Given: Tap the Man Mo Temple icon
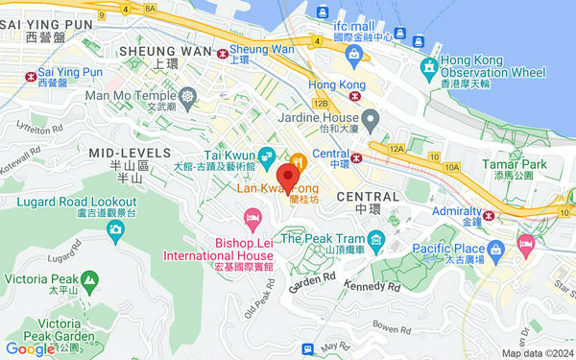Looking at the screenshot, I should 187,95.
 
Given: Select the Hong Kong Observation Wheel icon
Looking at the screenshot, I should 428,68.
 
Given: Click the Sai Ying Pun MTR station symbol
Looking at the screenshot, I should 32,73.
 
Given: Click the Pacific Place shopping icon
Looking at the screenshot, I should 525,243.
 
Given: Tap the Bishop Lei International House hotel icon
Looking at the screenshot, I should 253,222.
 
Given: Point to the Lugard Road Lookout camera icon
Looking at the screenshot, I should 115,228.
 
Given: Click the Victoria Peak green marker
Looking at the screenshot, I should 88,280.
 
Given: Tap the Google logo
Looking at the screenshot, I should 30,349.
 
